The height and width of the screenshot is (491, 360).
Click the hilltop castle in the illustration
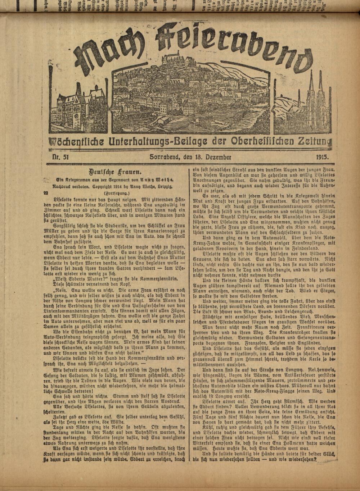[176, 58]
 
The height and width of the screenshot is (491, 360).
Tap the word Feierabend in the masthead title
[230, 43]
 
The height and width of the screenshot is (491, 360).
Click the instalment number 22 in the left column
[46, 193]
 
